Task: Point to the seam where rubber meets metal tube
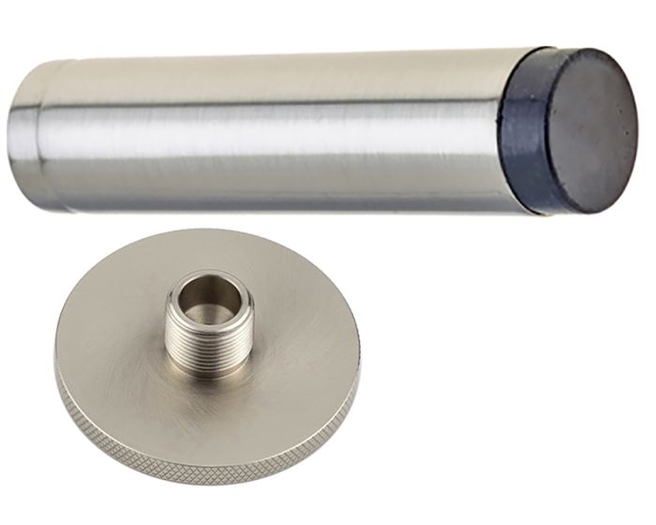(499, 131)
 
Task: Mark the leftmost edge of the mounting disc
(57, 361)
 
